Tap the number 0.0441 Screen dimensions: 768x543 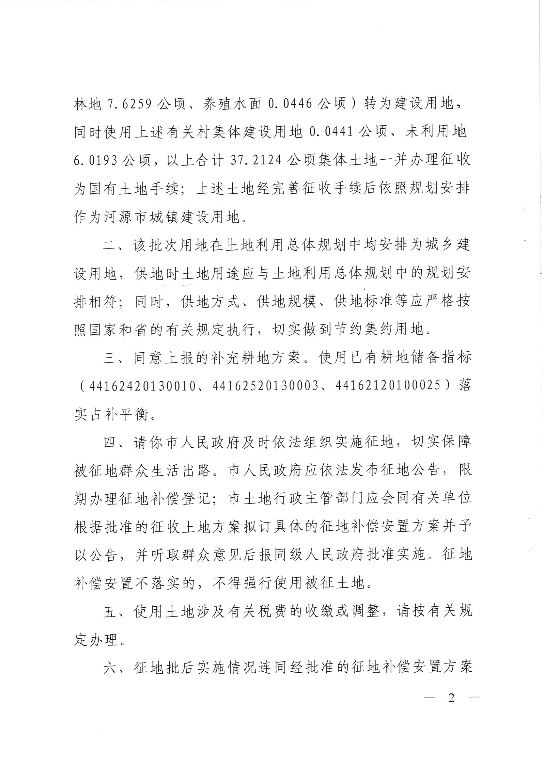331,133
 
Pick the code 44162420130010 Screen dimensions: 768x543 142,386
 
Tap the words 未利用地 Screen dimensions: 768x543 436,133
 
